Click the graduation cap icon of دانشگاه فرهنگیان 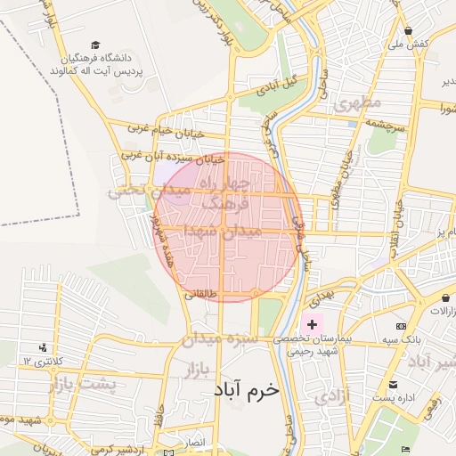pyautogui.click(x=95, y=45)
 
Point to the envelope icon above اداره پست pyautogui.click(x=392, y=385)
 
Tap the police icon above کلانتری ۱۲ pyautogui.click(x=42, y=347)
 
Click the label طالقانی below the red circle pyautogui.click(x=199, y=294)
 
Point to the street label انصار pyautogui.click(x=195, y=441)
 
